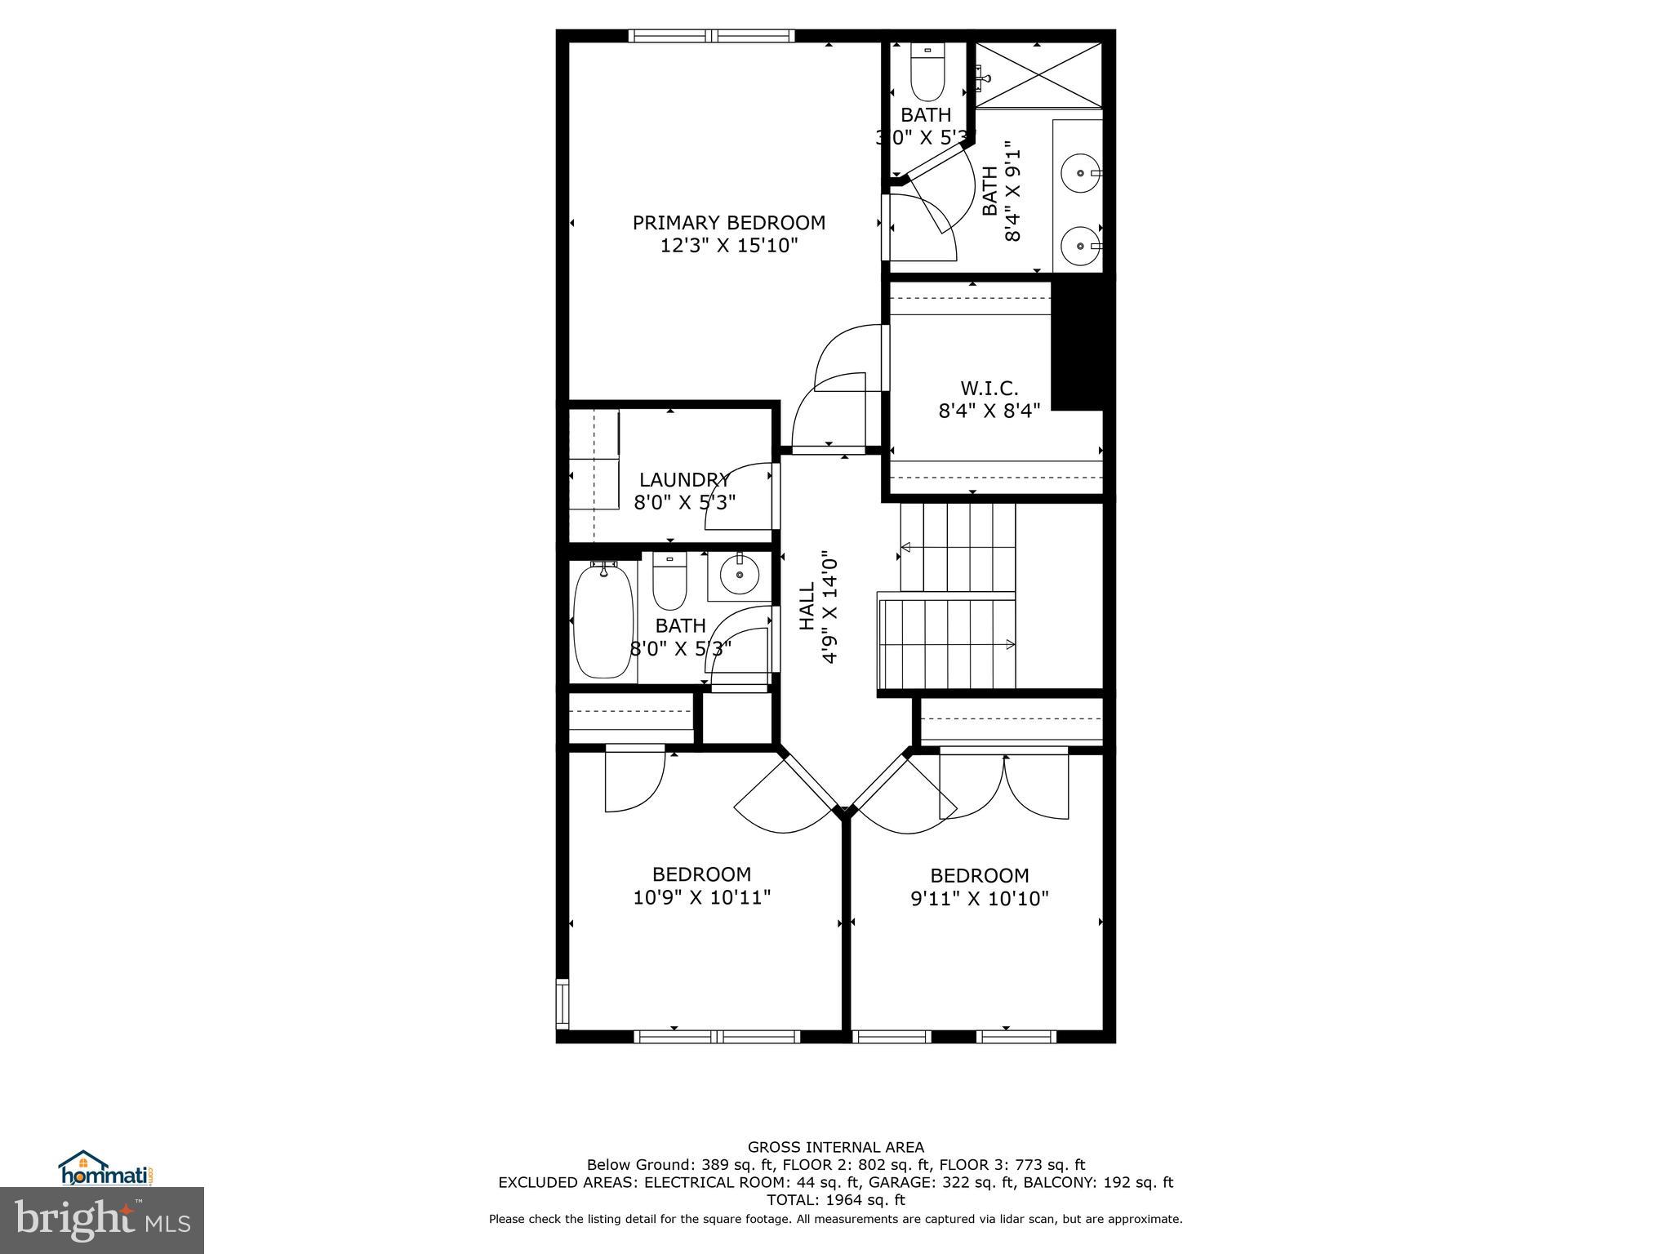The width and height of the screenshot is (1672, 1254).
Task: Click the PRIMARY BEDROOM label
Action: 728,223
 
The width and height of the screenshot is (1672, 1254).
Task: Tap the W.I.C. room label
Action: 989,389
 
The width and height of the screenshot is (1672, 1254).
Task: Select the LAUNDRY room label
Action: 684,480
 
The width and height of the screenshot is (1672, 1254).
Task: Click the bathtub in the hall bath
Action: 603,620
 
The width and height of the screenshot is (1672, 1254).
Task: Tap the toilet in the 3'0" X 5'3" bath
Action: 927,73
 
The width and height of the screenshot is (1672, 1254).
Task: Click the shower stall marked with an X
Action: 1038,75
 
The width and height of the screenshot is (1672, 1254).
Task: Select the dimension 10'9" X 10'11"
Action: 701,898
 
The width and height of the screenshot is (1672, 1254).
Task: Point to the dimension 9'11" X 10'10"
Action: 979,899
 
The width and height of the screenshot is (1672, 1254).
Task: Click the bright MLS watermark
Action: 102,1221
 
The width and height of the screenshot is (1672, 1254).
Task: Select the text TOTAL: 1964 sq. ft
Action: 835,1200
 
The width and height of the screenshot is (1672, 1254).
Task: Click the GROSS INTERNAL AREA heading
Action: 835,1147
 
